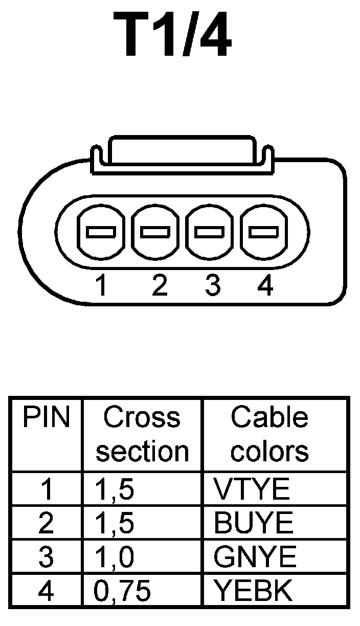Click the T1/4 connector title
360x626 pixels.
point(172,36)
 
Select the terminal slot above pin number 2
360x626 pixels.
point(155,233)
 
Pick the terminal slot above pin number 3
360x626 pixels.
point(210,233)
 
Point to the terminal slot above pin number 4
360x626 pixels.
point(264,233)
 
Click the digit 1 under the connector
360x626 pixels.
point(102,286)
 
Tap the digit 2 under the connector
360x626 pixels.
point(160,286)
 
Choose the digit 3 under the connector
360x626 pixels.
point(213,286)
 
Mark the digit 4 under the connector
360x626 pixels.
point(265,286)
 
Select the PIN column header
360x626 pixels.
point(46,418)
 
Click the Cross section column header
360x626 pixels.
point(142,435)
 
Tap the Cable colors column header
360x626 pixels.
point(269,435)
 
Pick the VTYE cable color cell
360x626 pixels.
point(252,490)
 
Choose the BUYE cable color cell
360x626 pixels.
point(254,523)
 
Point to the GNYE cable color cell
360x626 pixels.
point(255,557)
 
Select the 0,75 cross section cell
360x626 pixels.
point(123,590)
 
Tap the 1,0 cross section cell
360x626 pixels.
point(115,557)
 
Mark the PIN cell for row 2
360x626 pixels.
point(46,523)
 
